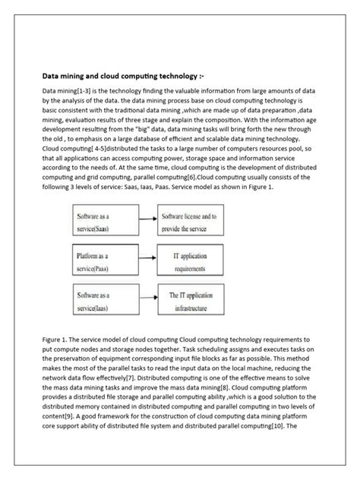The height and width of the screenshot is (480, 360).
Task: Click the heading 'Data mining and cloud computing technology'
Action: coord(122,77)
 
